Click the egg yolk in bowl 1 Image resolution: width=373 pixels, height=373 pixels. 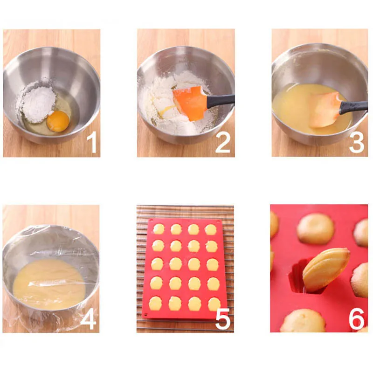point(58,121)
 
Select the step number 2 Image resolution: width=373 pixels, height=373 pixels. point(222,143)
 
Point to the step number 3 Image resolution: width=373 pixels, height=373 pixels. point(356,143)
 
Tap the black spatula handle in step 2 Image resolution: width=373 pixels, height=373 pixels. point(221,99)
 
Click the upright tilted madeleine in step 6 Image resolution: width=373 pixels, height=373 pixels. point(325,269)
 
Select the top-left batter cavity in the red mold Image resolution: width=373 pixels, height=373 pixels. point(159,229)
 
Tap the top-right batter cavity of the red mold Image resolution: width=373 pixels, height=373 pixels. point(211,229)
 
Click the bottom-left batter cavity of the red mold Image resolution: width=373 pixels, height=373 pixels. point(155,304)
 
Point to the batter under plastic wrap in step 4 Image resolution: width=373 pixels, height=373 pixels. point(49,283)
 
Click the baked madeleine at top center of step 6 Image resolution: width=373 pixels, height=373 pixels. point(316,228)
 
